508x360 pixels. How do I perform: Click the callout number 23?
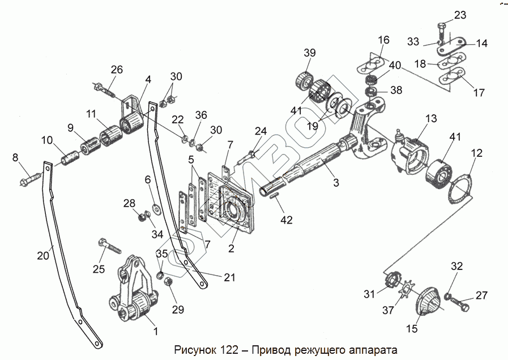(x=460, y=15)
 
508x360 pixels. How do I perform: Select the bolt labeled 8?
(x=31, y=179)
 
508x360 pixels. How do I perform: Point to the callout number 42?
(x=287, y=220)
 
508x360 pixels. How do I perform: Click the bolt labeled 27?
(x=460, y=305)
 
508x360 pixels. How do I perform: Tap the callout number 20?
(x=43, y=255)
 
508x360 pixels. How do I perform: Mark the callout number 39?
(x=309, y=53)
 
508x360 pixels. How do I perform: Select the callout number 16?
(x=383, y=40)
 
